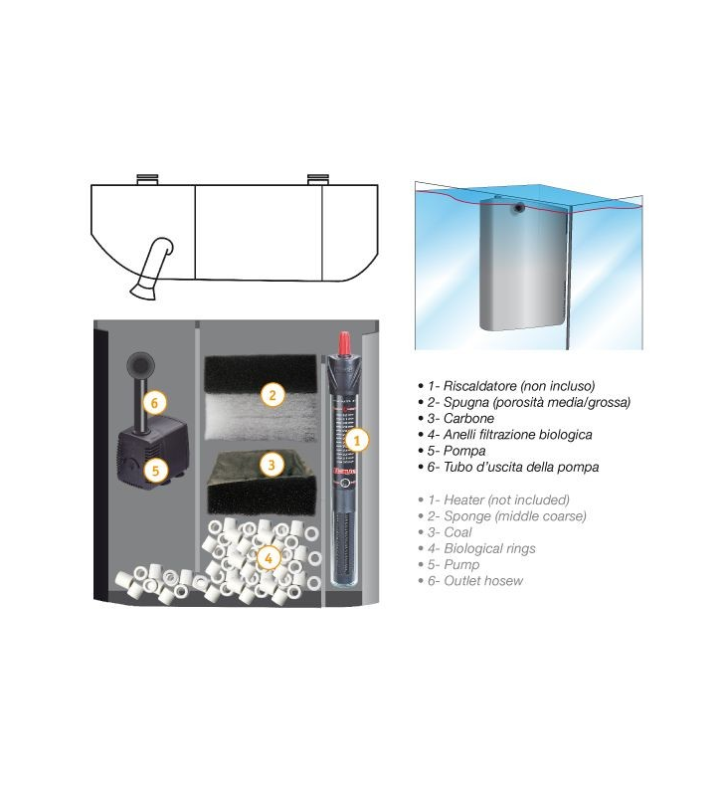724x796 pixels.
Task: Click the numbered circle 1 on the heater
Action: point(357,440)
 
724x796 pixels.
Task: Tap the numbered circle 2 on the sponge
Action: point(272,394)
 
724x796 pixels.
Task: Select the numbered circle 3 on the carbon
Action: point(271,464)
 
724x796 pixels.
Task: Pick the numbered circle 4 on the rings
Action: point(269,558)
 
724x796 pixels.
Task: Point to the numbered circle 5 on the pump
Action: point(155,470)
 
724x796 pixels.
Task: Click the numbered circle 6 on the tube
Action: point(154,403)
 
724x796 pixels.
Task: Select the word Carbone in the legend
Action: point(468,418)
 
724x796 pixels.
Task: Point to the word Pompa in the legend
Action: point(464,451)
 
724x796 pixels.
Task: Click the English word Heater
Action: point(463,500)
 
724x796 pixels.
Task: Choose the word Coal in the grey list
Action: point(457,532)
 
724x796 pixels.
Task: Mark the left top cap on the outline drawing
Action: point(147,180)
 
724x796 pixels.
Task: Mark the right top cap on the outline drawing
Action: point(318,180)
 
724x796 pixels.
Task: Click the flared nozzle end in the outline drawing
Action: point(143,292)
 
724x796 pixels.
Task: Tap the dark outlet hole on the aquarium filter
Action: point(519,207)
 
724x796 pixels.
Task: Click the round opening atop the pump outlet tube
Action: point(138,362)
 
